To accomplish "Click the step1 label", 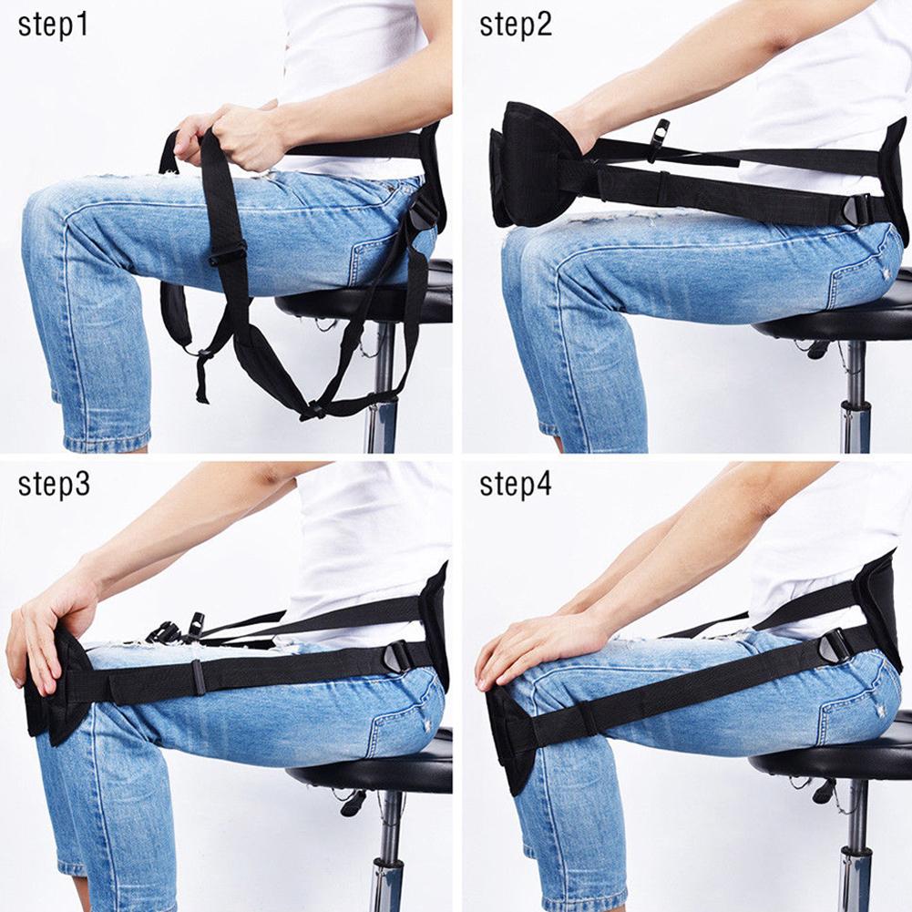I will click(54, 25).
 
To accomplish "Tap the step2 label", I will click(516, 25).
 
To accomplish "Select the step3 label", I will click(54, 484).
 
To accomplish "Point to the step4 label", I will click(516, 484).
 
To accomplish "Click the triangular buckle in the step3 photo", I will click(400, 655).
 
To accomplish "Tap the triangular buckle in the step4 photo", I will click(835, 647).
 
